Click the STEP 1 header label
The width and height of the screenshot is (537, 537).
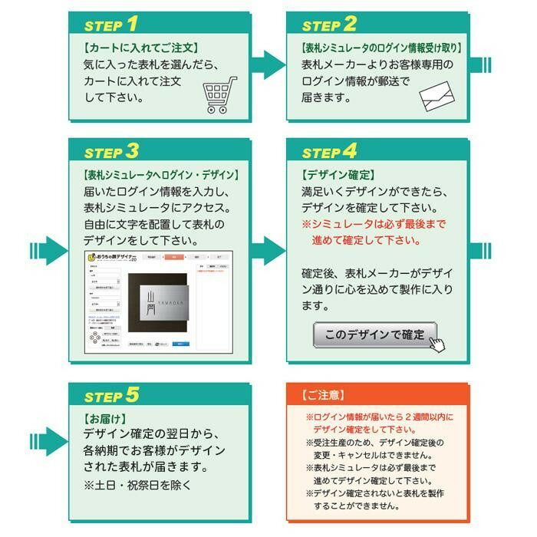[x=111, y=24]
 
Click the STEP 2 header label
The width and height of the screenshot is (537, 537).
[x=329, y=24]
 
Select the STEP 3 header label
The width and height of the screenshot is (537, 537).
[x=111, y=150]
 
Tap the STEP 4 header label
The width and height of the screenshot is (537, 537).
[x=329, y=150]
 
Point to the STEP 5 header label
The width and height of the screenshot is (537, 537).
[x=111, y=395]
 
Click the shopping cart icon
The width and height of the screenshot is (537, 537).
[x=219, y=95]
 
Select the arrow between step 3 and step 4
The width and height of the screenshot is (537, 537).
[x=268, y=250]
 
